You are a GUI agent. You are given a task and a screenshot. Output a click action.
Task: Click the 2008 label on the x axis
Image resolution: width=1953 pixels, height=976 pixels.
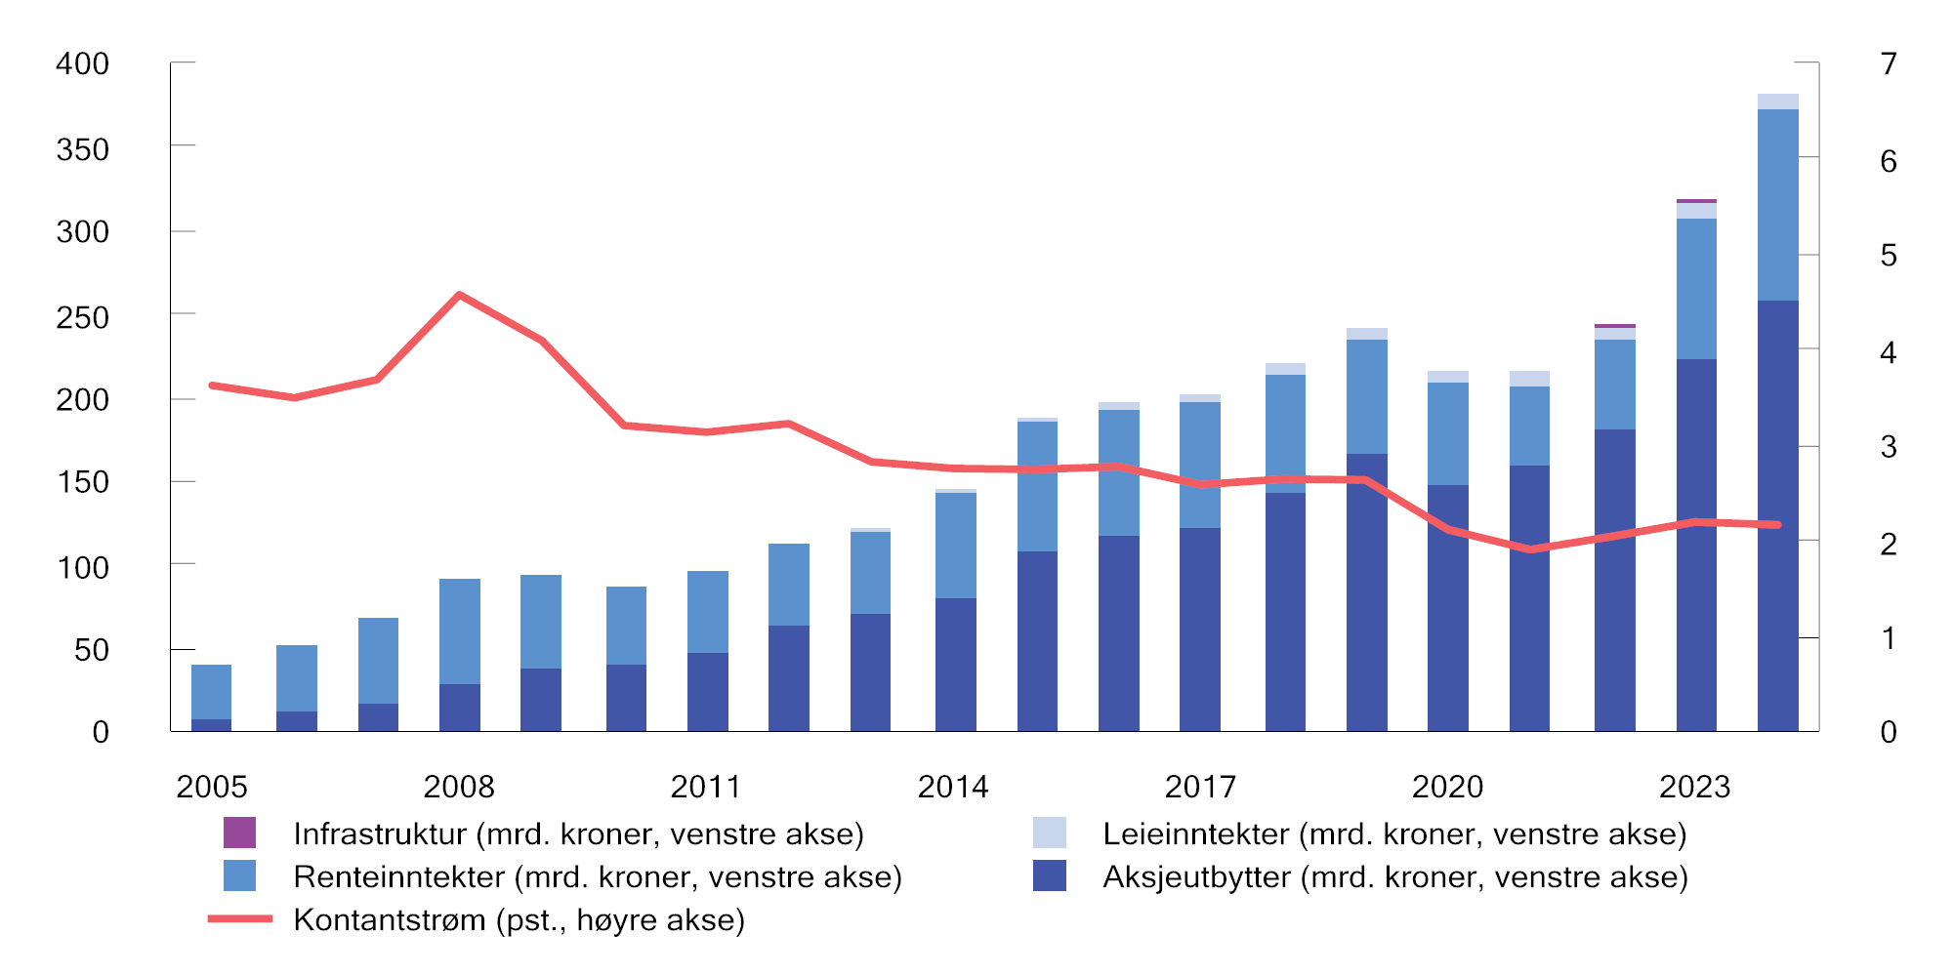(458, 787)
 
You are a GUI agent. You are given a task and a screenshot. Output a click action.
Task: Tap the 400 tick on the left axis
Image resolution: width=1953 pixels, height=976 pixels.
(82, 64)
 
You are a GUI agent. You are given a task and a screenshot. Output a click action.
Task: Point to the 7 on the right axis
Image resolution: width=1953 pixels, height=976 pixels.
(1889, 64)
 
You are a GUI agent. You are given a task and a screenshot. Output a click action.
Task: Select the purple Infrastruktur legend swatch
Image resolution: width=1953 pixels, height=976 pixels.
(239, 833)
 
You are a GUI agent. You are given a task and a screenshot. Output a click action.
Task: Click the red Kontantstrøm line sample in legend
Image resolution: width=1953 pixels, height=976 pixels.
(239, 919)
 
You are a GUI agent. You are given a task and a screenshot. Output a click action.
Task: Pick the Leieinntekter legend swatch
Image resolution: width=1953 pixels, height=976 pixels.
(1050, 833)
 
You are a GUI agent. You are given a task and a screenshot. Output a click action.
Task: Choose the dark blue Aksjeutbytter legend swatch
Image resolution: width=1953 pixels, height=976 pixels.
(1050, 875)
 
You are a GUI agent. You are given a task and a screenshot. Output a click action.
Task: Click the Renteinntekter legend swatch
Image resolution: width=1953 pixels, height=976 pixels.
(239, 875)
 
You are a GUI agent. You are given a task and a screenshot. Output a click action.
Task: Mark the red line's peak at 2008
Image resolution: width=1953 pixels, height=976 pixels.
(459, 295)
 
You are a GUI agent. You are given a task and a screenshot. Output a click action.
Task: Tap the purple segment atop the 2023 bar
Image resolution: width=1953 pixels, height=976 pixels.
(1696, 201)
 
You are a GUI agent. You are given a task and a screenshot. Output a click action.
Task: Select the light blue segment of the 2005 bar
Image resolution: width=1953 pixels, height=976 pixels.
(211, 692)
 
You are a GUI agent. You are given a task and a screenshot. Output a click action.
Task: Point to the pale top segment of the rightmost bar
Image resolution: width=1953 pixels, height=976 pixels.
(1777, 102)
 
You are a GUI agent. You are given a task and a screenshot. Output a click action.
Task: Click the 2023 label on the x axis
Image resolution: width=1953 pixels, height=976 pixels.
(1694, 787)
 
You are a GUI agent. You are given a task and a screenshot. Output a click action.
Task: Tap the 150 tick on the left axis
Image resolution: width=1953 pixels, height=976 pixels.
(82, 482)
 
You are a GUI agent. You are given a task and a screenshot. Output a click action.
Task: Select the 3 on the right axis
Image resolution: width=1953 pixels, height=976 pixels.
(1889, 447)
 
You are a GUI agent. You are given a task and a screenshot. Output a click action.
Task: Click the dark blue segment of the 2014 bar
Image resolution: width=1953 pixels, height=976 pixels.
(955, 665)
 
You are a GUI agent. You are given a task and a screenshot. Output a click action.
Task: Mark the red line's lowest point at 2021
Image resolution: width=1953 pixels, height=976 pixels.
(1530, 549)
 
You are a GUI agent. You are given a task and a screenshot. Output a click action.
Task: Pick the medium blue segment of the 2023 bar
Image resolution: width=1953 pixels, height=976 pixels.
(1696, 289)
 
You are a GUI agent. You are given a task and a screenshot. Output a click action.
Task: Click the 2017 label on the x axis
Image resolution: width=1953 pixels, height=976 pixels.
(1200, 787)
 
